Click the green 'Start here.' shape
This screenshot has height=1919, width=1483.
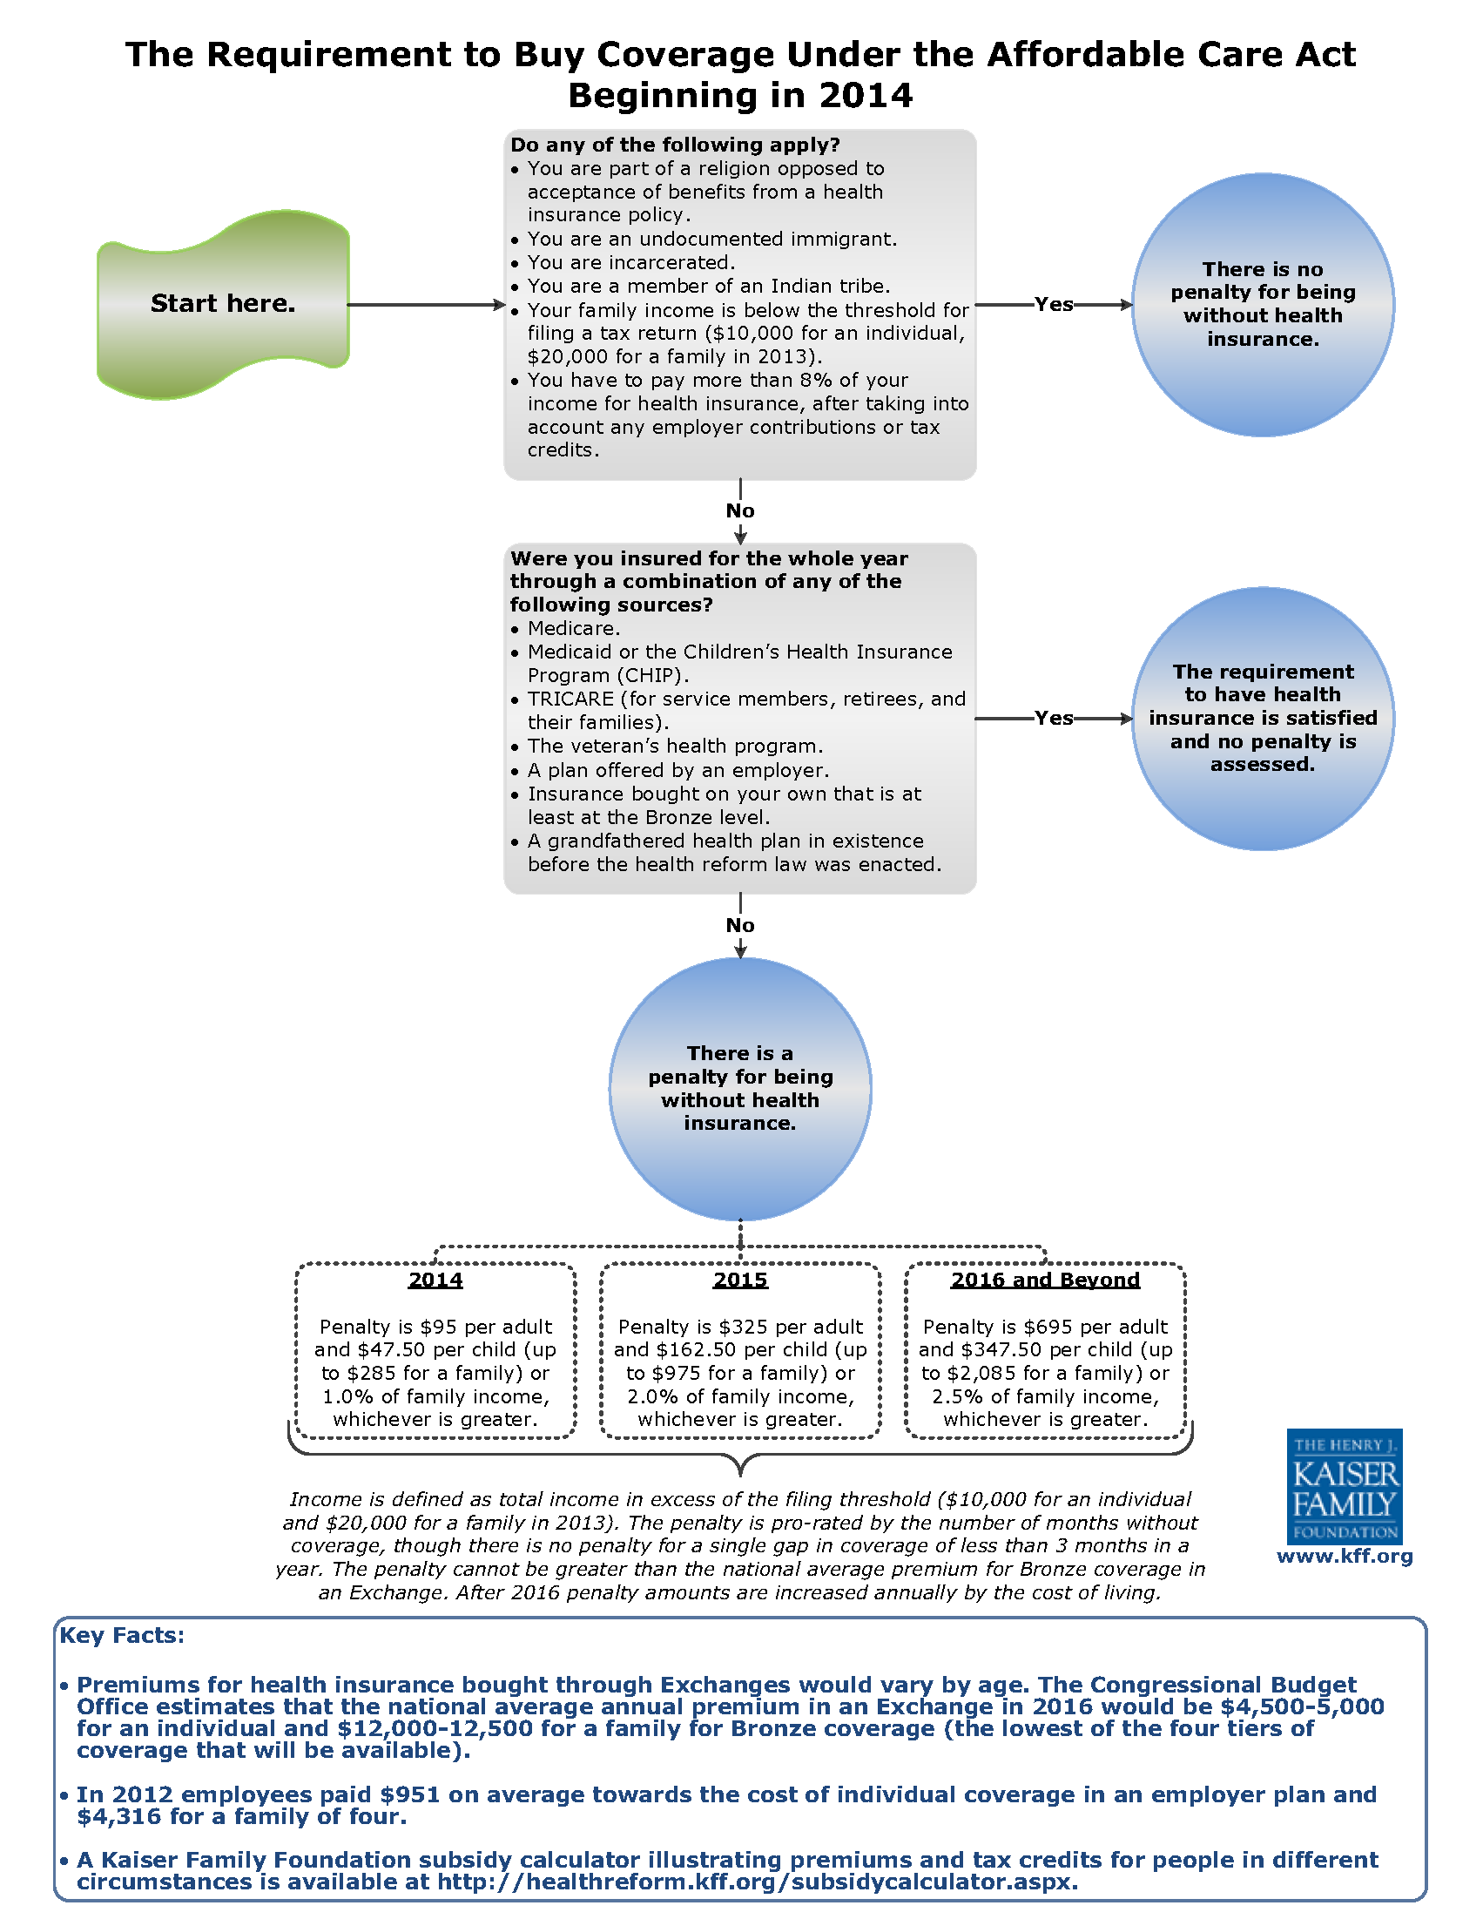click(x=223, y=304)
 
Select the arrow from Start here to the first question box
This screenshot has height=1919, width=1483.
click(x=427, y=305)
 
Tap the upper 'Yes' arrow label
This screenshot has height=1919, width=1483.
click(x=1054, y=304)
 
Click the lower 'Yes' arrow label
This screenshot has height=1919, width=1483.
click(x=1054, y=718)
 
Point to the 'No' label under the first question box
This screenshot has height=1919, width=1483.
click(x=739, y=510)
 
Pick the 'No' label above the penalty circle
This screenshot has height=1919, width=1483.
click(x=739, y=925)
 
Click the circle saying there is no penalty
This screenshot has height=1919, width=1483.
click(x=1263, y=305)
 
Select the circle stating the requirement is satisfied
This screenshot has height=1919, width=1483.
click(x=1263, y=719)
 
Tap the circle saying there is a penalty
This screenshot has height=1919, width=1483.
click(x=739, y=1089)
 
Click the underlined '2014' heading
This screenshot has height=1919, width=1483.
click(x=435, y=1280)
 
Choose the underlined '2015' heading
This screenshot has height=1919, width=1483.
click(x=739, y=1280)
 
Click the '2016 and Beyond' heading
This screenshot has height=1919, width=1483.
click(x=1045, y=1280)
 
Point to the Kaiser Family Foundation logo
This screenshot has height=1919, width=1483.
click(x=1345, y=1487)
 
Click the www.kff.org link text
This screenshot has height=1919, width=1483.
click(x=1345, y=1556)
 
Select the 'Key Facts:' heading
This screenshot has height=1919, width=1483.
click(x=122, y=1635)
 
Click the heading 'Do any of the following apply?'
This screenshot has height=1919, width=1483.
click(x=675, y=144)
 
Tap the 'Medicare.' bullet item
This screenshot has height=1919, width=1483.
click(x=574, y=628)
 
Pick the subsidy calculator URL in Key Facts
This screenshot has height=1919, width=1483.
click(x=757, y=1882)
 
